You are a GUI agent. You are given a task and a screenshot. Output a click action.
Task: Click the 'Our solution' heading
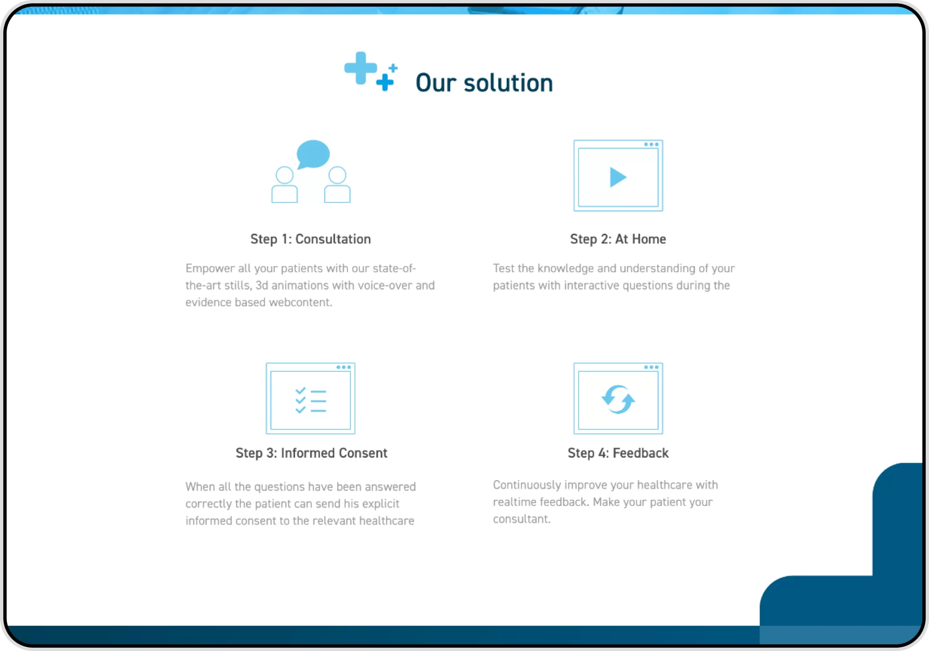pyautogui.click(x=484, y=83)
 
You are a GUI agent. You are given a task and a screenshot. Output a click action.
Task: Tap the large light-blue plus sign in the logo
pyautogui.click(x=360, y=68)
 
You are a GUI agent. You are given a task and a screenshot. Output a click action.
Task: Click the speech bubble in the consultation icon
pyautogui.click(x=313, y=154)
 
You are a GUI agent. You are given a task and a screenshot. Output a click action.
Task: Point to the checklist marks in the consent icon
pyautogui.click(x=300, y=400)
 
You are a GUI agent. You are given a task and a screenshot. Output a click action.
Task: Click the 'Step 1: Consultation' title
pyautogui.click(x=310, y=239)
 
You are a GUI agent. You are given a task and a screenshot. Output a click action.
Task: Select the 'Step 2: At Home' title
pyautogui.click(x=618, y=239)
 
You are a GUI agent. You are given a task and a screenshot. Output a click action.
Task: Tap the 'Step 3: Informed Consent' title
pyautogui.click(x=311, y=453)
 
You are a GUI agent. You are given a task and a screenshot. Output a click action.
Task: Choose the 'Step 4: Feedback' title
pyautogui.click(x=618, y=453)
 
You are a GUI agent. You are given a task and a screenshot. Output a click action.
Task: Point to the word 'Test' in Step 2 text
pyautogui.click(x=503, y=268)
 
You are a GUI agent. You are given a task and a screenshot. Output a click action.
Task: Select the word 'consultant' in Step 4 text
pyautogui.click(x=520, y=519)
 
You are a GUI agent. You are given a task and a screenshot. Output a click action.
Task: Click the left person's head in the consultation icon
pyautogui.click(x=285, y=175)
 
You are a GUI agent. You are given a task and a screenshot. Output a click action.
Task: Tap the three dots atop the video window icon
pyautogui.click(x=651, y=144)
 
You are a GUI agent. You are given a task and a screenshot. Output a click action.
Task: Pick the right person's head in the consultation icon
pyautogui.click(x=337, y=175)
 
